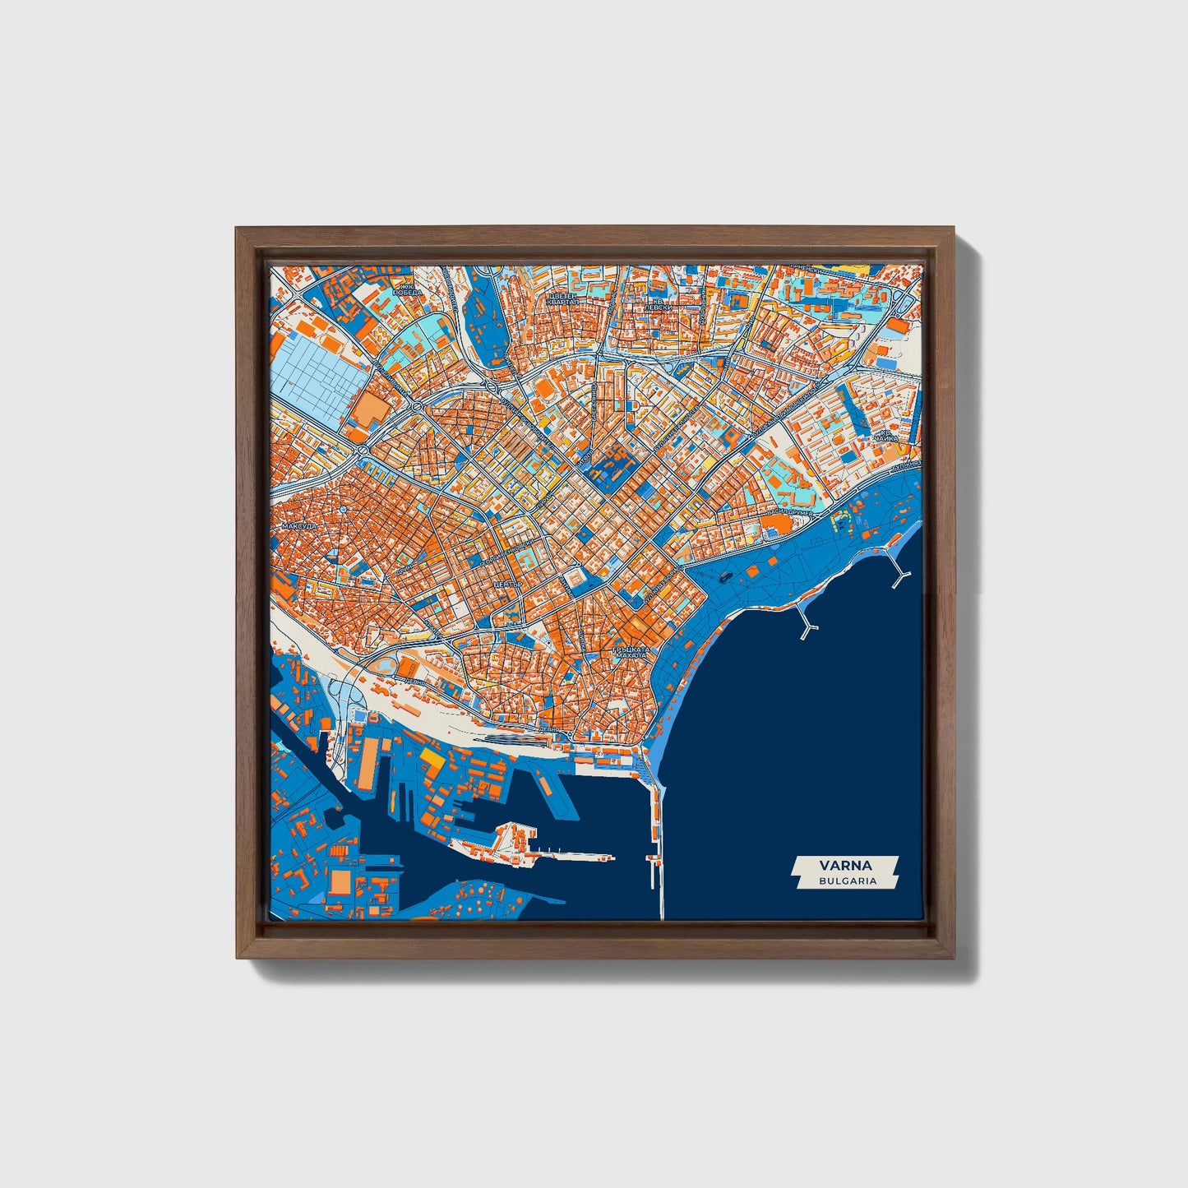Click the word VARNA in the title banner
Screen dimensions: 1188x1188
coord(845,865)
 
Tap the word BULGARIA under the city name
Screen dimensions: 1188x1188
coord(847,881)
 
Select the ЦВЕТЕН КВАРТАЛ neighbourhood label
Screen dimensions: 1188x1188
coord(563,298)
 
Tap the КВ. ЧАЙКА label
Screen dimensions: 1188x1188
coord(885,436)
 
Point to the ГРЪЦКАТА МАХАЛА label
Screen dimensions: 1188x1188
coord(631,653)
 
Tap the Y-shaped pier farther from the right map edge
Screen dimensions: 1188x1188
coord(807,626)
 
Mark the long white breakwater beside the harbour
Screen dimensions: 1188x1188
coord(659,847)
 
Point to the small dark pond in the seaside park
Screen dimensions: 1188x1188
coord(724,578)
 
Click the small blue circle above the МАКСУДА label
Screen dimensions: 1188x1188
coord(342,510)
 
